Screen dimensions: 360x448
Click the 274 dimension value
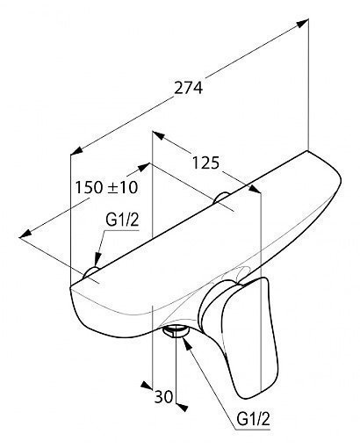(188, 88)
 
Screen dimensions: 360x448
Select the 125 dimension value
(205, 163)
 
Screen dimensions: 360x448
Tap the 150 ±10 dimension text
(106, 187)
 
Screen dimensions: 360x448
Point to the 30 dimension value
(164, 397)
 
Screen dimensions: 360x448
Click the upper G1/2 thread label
(122, 220)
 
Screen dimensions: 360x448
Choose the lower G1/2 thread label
(253, 419)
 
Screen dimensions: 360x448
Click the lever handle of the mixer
(250, 336)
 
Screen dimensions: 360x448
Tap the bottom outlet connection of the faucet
(176, 332)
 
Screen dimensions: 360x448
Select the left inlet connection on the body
(90, 272)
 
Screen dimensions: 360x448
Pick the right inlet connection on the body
(221, 198)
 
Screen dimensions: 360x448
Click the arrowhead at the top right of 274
(303, 23)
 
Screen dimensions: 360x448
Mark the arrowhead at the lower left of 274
(76, 150)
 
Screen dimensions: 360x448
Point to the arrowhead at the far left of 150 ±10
(25, 234)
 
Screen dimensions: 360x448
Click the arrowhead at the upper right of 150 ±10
(144, 167)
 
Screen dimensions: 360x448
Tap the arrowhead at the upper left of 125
(158, 135)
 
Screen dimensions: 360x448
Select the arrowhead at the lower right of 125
(255, 189)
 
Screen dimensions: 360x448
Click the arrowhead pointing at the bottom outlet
(187, 343)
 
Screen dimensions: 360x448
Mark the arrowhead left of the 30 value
(147, 386)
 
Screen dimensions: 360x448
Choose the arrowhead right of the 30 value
(182, 408)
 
